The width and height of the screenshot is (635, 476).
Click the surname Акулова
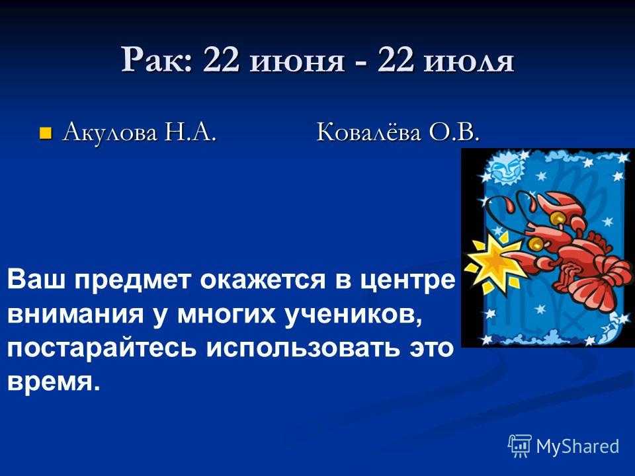110,132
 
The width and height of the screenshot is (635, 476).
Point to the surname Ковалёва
368,132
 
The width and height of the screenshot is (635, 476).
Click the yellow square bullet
46,133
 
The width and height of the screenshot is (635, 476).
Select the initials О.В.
454,132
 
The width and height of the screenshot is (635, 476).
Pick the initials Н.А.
190,132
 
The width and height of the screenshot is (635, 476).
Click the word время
54,382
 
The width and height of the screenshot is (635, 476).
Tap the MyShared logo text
577,446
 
